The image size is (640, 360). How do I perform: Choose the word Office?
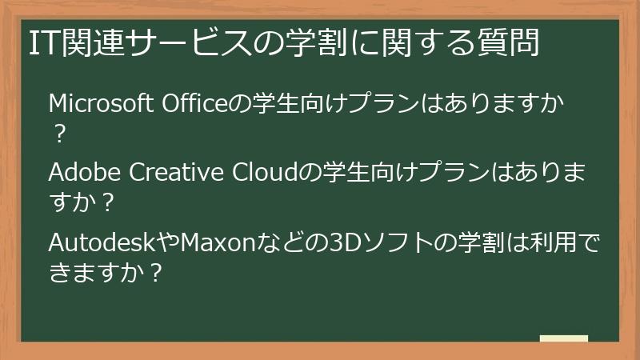tap(195, 104)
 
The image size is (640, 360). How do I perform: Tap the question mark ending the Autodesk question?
tap(157, 271)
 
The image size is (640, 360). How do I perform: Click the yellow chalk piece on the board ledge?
tap(564, 338)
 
